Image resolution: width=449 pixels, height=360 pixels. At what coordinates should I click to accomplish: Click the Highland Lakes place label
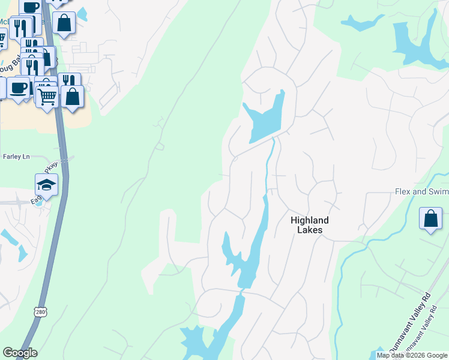click(x=310, y=225)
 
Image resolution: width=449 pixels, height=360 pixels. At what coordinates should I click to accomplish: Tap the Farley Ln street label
click(x=16, y=157)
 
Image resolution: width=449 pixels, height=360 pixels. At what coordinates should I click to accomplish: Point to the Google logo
click(x=20, y=353)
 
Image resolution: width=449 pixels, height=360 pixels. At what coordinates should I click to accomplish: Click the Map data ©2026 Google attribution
click(x=412, y=355)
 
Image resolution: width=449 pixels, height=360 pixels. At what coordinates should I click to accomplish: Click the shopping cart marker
click(x=47, y=95)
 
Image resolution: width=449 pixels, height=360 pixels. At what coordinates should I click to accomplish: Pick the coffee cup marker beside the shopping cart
click(x=18, y=88)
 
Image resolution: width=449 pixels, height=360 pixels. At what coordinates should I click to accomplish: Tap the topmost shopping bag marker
click(x=64, y=23)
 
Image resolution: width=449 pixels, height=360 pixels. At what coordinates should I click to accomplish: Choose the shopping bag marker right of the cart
click(x=73, y=97)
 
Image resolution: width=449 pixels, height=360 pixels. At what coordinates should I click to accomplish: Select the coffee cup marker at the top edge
click(x=30, y=7)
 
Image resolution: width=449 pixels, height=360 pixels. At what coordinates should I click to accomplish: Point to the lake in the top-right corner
click(x=414, y=42)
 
